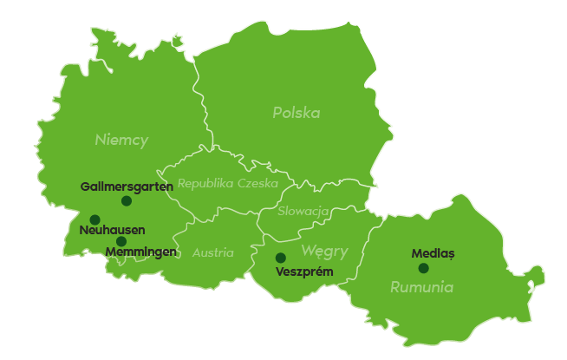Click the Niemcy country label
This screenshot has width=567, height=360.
click(x=121, y=140)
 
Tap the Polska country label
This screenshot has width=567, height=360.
click(x=296, y=113)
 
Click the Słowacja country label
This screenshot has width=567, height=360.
click(x=303, y=211)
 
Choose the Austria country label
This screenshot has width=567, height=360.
click(x=212, y=253)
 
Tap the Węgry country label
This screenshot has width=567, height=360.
click(x=324, y=252)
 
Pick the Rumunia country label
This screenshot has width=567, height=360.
click(x=421, y=287)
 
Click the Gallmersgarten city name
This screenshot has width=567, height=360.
click(x=121, y=187)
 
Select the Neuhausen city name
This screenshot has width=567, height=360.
click(x=112, y=230)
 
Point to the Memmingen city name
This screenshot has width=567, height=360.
click(x=140, y=252)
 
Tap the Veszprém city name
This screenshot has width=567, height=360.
click(x=303, y=272)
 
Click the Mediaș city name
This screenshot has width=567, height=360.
click(x=433, y=254)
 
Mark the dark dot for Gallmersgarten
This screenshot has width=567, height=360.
click(x=127, y=200)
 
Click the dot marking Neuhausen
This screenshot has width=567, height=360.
click(x=94, y=219)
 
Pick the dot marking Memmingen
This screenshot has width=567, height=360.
click(x=121, y=241)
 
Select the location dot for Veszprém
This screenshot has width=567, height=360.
click(x=281, y=258)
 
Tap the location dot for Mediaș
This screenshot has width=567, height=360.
click(x=423, y=268)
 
